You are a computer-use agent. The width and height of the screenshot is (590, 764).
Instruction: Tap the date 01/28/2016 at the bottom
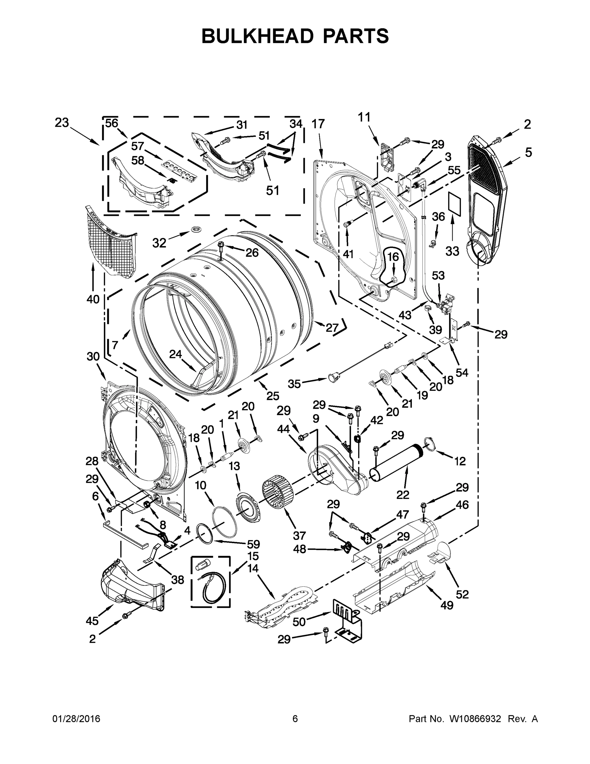(x=76, y=719)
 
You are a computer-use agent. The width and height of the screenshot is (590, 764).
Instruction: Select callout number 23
(x=62, y=123)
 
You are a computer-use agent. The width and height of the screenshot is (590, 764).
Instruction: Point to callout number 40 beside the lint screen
(x=93, y=299)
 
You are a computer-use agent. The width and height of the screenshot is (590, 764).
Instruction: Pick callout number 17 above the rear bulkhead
(x=318, y=124)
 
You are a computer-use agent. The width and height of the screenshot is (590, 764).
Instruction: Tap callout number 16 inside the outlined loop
(x=393, y=257)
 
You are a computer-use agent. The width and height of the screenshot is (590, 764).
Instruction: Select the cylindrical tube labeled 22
(x=398, y=463)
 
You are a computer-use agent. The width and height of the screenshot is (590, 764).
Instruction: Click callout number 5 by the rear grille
(x=528, y=152)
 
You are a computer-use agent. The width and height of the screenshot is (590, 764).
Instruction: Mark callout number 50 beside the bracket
(x=299, y=622)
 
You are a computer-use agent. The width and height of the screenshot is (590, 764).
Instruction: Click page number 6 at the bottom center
(x=295, y=719)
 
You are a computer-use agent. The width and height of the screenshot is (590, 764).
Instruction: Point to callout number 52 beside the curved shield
(x=462, y=594)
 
